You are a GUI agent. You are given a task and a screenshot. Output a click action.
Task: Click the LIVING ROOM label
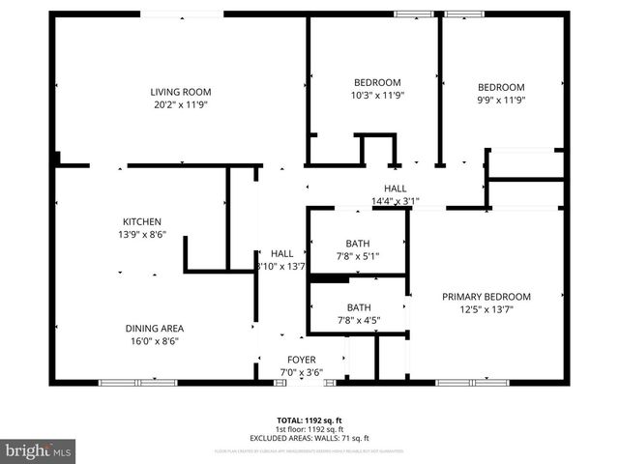[x=180, y=92]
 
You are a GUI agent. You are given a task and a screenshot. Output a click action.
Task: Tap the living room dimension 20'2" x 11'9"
[x=180, y=104]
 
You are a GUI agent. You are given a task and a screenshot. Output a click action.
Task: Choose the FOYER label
[x=301, y=360]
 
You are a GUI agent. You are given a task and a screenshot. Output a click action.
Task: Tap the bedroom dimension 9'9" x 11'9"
[x=501, y=100]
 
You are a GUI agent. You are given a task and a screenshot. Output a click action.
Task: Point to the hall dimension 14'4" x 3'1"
[x=395, y=201]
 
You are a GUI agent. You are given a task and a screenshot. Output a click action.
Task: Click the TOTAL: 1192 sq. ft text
[x=309, y=420]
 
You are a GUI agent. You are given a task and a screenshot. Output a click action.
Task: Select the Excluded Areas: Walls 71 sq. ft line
[x=309, y=437]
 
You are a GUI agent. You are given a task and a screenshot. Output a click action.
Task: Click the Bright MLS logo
[x=39, y=450]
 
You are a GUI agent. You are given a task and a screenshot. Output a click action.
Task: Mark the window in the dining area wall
[x=138, y=383]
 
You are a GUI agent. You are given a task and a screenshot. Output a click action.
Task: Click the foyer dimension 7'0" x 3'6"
[x=301, y=371]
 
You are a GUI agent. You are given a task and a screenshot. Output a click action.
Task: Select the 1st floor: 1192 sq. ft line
[x=309, y=428]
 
